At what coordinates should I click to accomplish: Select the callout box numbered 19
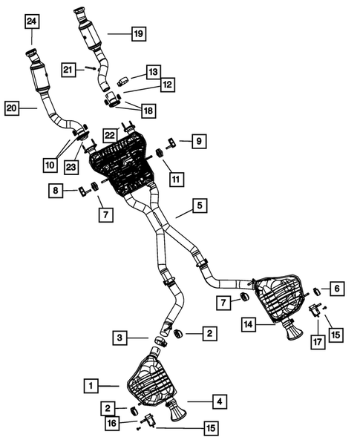[138, 33]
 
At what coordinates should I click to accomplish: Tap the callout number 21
[69, 69]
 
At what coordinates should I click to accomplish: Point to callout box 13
[152, 72]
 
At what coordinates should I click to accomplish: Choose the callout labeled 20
[13, 109]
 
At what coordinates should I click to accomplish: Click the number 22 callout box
[110, 134]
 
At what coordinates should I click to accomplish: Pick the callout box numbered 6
[336, 288]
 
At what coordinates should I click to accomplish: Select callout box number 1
[90, 386]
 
